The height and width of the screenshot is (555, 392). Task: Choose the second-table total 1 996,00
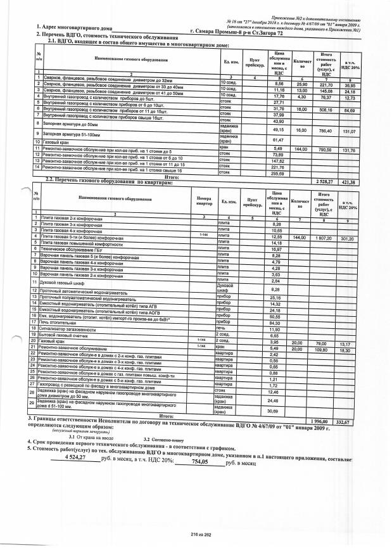[x=324, y=421]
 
